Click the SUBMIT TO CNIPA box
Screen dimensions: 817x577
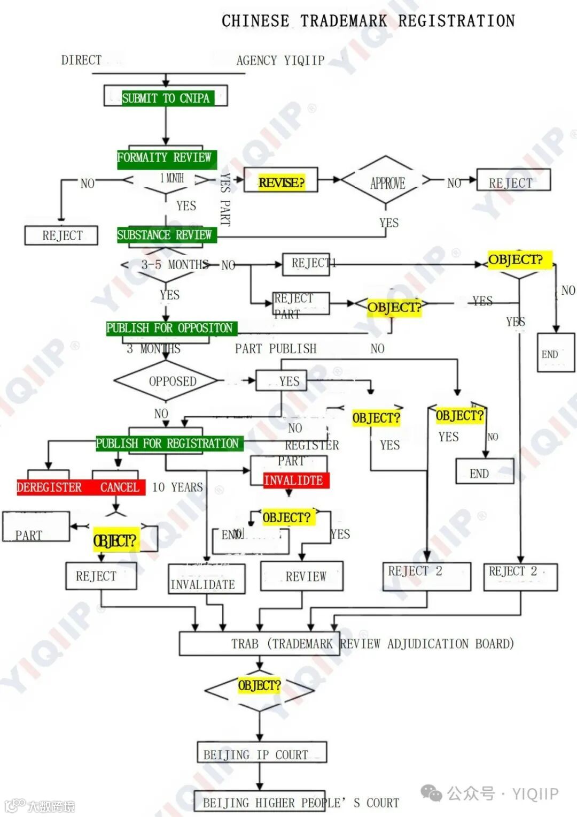click(x=166, y=97)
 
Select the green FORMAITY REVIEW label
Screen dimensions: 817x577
click(x=165, y=158)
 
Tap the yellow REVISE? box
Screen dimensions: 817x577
click(x=281, y=182)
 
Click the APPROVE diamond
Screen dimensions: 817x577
click(x=386, y=182)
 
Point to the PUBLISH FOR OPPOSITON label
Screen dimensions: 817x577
click(x=169, y=328)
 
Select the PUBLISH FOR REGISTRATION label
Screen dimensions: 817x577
click(x=167, y=444)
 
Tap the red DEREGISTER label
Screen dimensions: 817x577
click(x=49, y=487)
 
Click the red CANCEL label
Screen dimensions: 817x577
click(x=119, y=487)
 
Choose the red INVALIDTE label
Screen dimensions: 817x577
click(x=294, y=480)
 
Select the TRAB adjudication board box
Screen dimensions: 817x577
click(x=346, y=643)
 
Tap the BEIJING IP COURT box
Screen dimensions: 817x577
click(x=261, y=754)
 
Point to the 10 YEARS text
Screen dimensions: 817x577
click(x=177, y=487)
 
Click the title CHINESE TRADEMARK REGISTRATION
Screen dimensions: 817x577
click(x=368, y=21)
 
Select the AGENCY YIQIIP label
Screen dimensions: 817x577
click(x=280, y=60)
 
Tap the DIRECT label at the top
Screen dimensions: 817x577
click(x=81, y=60)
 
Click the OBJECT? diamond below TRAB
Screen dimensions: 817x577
click(x=259, y=685)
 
